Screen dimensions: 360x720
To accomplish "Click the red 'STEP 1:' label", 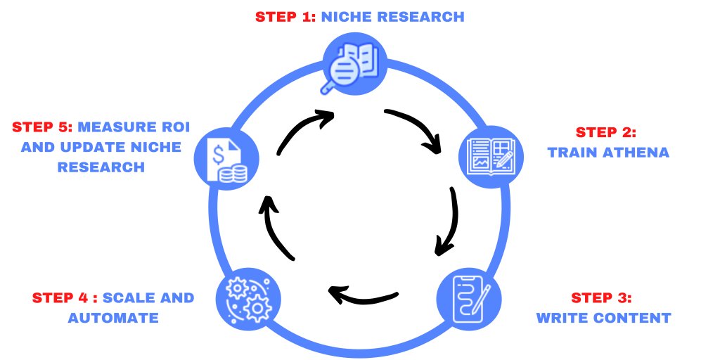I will tap(287, 16).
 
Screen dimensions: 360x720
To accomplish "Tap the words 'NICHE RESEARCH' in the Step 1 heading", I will tap(392, 16).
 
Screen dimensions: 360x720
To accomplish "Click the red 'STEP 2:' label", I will tap(605, 132).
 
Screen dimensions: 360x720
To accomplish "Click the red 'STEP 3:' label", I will tap(601, 297).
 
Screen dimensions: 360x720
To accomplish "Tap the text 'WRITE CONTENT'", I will tap(603, 317).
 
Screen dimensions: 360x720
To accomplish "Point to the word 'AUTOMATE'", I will tap(112, 317).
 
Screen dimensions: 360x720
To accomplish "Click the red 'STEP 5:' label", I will tap(41, 129).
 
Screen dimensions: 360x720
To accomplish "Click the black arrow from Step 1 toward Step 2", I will tap(416, 127).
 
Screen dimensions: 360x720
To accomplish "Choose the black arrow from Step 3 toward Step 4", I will tap(363, 295).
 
